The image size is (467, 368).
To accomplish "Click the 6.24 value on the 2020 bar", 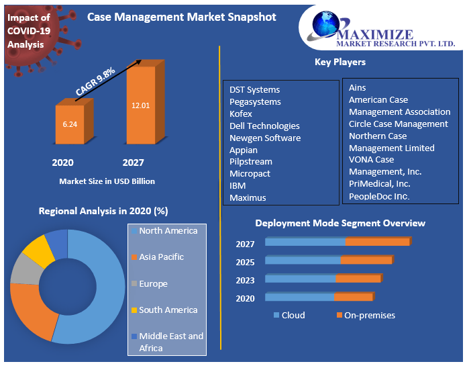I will click(70, 124).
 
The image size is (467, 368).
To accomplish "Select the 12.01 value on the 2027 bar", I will click(140, 105).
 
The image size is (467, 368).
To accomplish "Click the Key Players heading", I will click(340, 62).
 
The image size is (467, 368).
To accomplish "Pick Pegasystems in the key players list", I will click(255, 102).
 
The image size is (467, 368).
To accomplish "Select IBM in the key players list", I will click(238, 186).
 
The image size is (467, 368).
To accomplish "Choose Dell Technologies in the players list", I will click(264, 126).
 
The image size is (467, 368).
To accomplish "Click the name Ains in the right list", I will click(358, 88).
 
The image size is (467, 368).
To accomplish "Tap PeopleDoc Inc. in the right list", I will click(379, 197).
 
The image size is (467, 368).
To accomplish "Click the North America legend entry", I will click(168, 231).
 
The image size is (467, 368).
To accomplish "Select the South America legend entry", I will click(168, 310).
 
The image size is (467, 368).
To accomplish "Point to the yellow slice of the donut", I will click(38, 249).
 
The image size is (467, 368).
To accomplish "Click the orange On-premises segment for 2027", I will click(377, 242).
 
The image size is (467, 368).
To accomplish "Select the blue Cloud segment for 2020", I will click(299, 297).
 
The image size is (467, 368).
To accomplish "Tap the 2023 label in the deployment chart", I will click(245, 281).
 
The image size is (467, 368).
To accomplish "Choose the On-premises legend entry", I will click(369, 316).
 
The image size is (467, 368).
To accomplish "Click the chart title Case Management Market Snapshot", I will click(182, 17).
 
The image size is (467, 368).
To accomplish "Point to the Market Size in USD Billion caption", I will click(107, 181).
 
